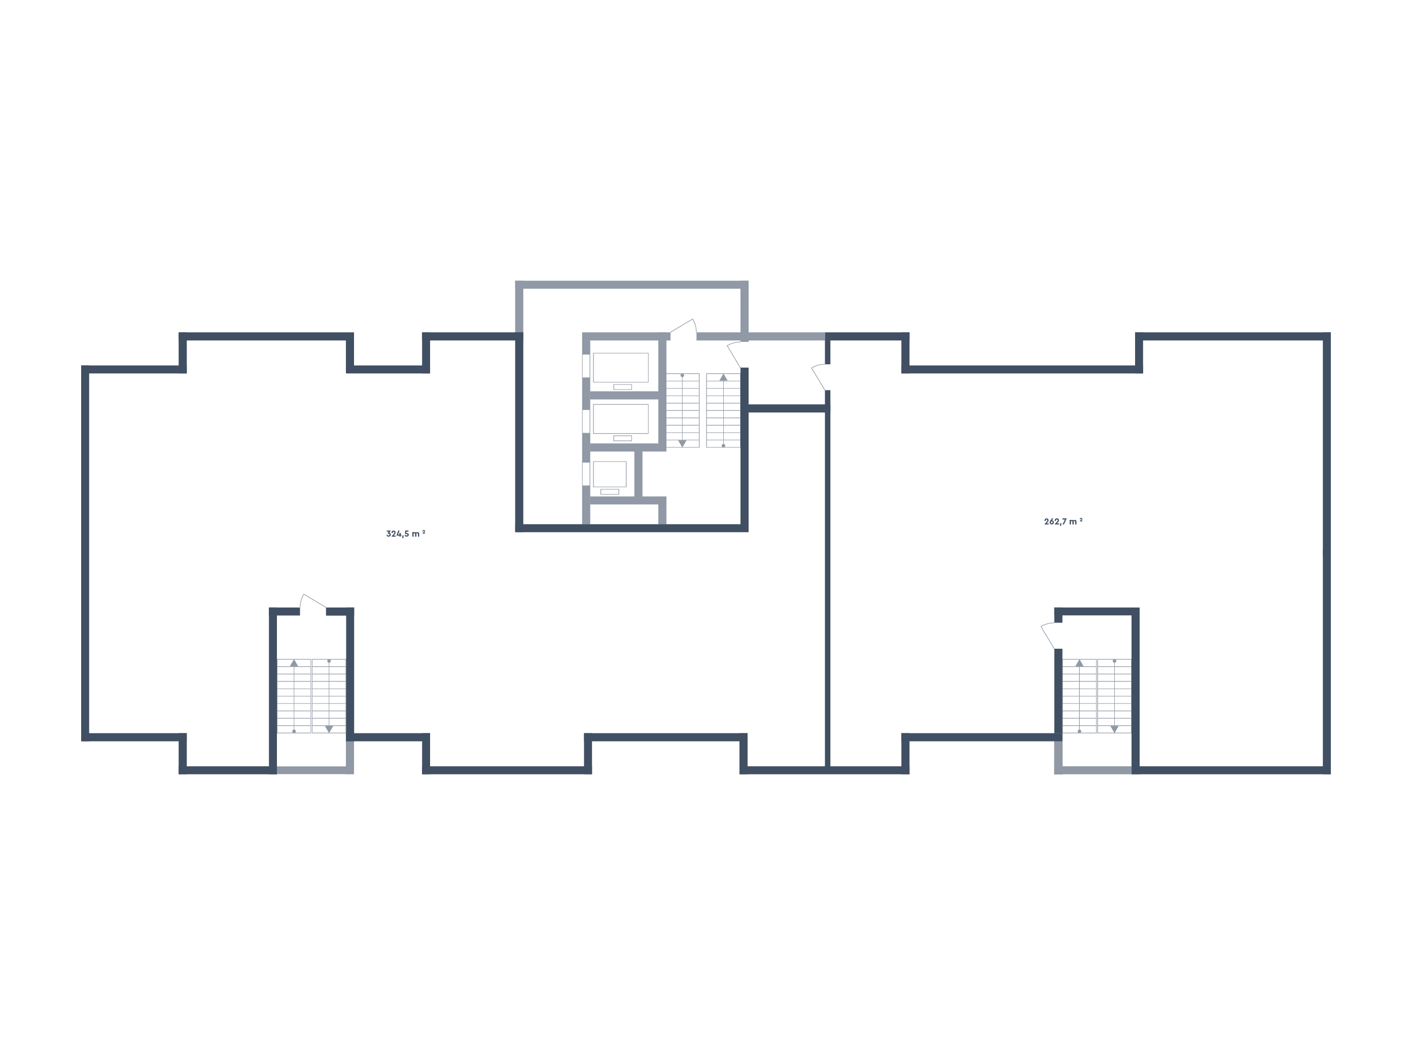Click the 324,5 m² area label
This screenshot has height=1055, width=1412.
tap(405, 534)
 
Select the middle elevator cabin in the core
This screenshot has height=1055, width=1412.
tap(620, 418)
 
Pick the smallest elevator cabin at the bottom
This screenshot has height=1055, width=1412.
tap(610, 474)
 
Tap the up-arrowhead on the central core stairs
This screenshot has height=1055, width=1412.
tap(723, 377)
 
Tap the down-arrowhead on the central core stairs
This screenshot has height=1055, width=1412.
tap(682, 443)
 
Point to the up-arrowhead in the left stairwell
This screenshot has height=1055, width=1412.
tap(294, 663)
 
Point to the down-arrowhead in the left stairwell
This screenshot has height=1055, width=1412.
tap(329, 729)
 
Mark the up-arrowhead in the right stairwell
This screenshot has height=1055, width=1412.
tap(1079, 663)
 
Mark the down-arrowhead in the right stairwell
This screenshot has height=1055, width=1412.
tap(1114, 729)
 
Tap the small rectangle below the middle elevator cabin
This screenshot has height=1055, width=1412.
tap(622, 438)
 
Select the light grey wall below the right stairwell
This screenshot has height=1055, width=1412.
tap(1093, 770)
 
